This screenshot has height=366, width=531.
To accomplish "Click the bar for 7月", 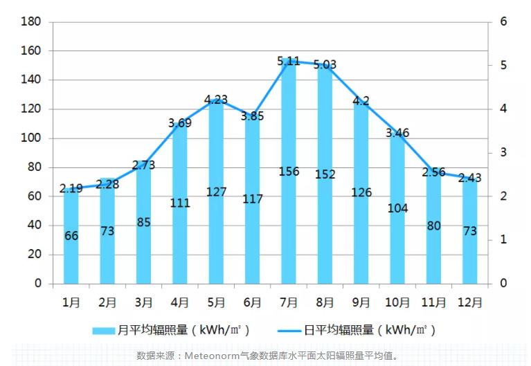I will [x=289, y=173].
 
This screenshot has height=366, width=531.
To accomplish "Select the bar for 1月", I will [x=71, y=235].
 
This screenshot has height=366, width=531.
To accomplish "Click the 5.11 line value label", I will [x=289, y=62].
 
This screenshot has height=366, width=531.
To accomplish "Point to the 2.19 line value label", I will [x=71, y=188].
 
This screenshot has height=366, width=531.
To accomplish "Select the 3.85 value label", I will [x=253, y=116].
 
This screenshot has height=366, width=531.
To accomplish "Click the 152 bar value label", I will [x=325, y=174].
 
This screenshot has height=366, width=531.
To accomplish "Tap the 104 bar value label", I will [x=397, y=208].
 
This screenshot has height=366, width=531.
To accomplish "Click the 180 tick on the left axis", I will [x=33, y=22].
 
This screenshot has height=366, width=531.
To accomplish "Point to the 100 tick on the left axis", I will [x=33, y=138].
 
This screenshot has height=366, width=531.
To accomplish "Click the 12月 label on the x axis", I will [x=470, y=302].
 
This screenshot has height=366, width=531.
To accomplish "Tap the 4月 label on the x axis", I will [x=180, y=302].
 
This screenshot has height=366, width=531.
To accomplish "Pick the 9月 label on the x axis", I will [x=361, y=302].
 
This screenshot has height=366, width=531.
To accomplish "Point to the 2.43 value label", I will [x=470, y=178].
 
